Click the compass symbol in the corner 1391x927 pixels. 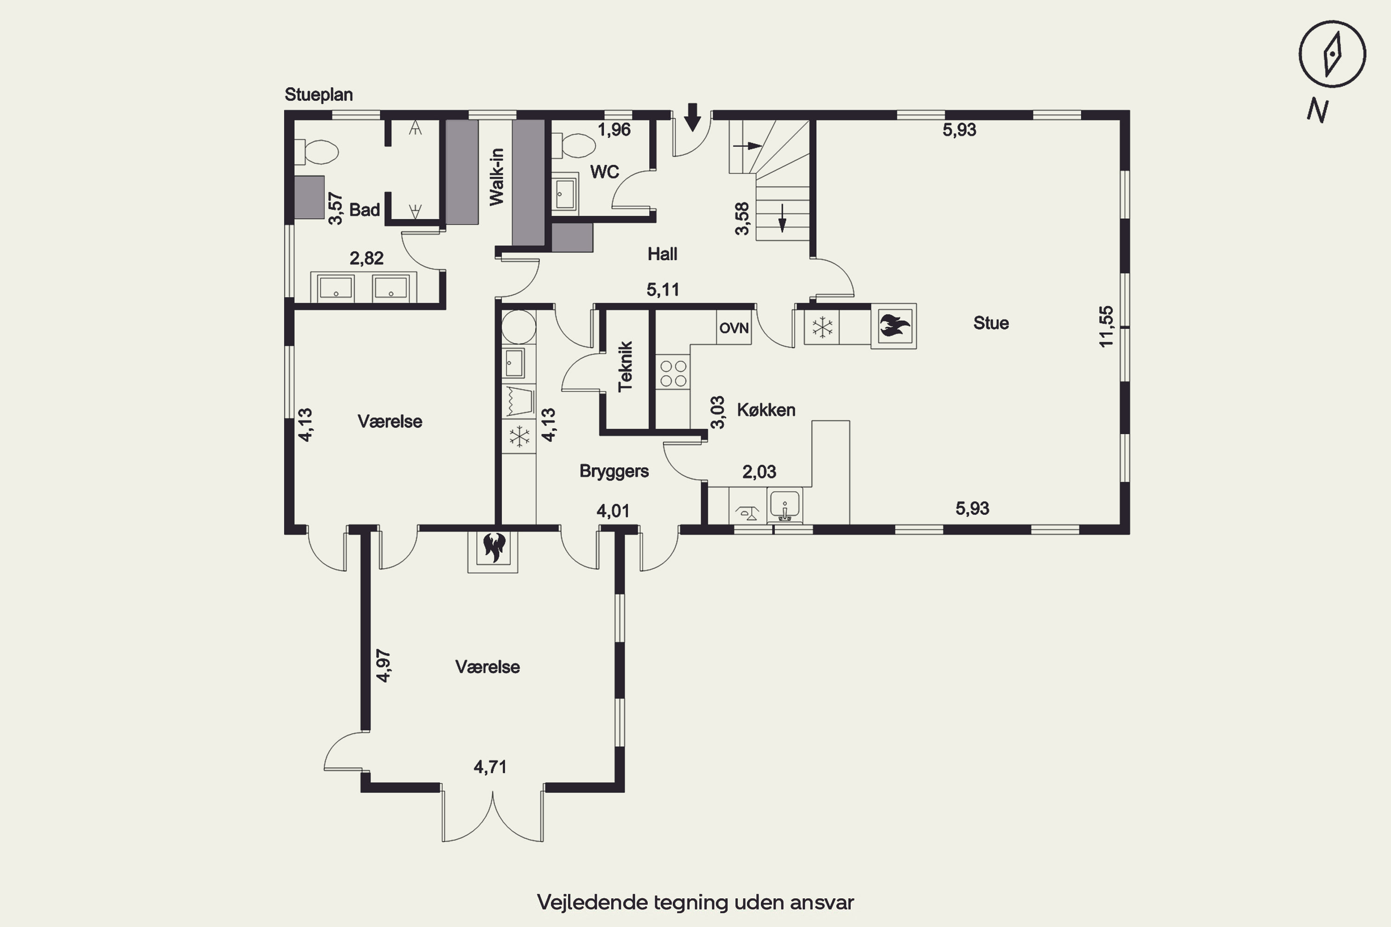[1332, 54]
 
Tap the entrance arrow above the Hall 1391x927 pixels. [692, 117]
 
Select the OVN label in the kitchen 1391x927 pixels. [734, 328]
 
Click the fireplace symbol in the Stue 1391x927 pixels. [894, 326]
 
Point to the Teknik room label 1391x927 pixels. [625, 366]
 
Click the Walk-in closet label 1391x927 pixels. [496, 177]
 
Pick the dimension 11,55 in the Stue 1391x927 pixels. [1106, 326]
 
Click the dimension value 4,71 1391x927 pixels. [490, 767]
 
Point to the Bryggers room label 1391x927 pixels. [614, 471]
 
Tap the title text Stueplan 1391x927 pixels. [319, 95]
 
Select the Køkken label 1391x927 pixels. [766, 410]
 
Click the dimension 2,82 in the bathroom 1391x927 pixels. [366, 258]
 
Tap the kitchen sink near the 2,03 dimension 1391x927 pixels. [785, 506]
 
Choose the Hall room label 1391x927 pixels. [663, 254]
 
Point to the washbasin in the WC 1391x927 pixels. [565, 192]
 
